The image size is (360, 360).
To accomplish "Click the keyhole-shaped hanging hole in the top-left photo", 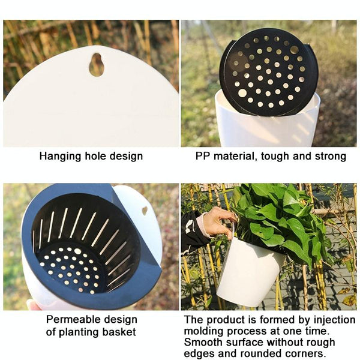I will click(96, 64).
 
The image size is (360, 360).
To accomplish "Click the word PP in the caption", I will click(203, 156).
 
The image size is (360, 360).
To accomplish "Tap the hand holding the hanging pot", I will click(216, 222).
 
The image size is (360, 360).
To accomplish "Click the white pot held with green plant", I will click(249, 273).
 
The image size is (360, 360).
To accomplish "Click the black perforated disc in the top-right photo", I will click(268, 72).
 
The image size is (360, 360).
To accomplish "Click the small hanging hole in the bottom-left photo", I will click(145, 211).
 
